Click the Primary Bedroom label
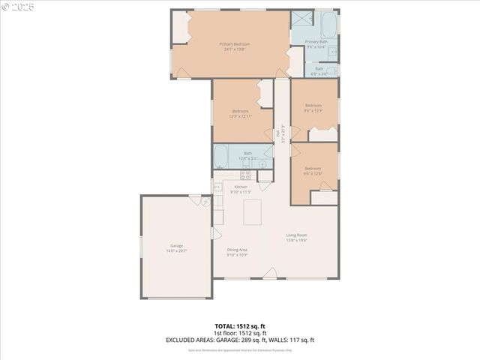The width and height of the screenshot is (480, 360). click(x=235, y=44)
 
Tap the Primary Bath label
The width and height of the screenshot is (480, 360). click(x=316, y=42)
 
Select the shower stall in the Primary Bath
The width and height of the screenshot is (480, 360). click(x=301, y=19)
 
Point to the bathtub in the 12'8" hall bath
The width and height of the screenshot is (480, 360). click(x=221, y=157)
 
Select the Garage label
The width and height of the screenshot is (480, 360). click(x=176, y=246)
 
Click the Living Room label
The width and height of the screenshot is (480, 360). click(x=296, y=235)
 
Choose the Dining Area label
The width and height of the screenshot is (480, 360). click(x=237, y=250)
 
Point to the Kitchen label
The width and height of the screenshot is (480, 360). click(x=241, y=187)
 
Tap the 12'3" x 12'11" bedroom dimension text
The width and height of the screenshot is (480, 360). click(x=240, y=116)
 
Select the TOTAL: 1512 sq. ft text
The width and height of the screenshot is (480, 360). click(x=240, y=326)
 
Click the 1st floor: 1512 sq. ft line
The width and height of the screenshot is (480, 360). click(x=240, y=333)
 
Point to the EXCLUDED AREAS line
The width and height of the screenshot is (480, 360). click(x=240, y=340)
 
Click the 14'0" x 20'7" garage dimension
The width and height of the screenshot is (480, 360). click(x=176, y=251)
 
